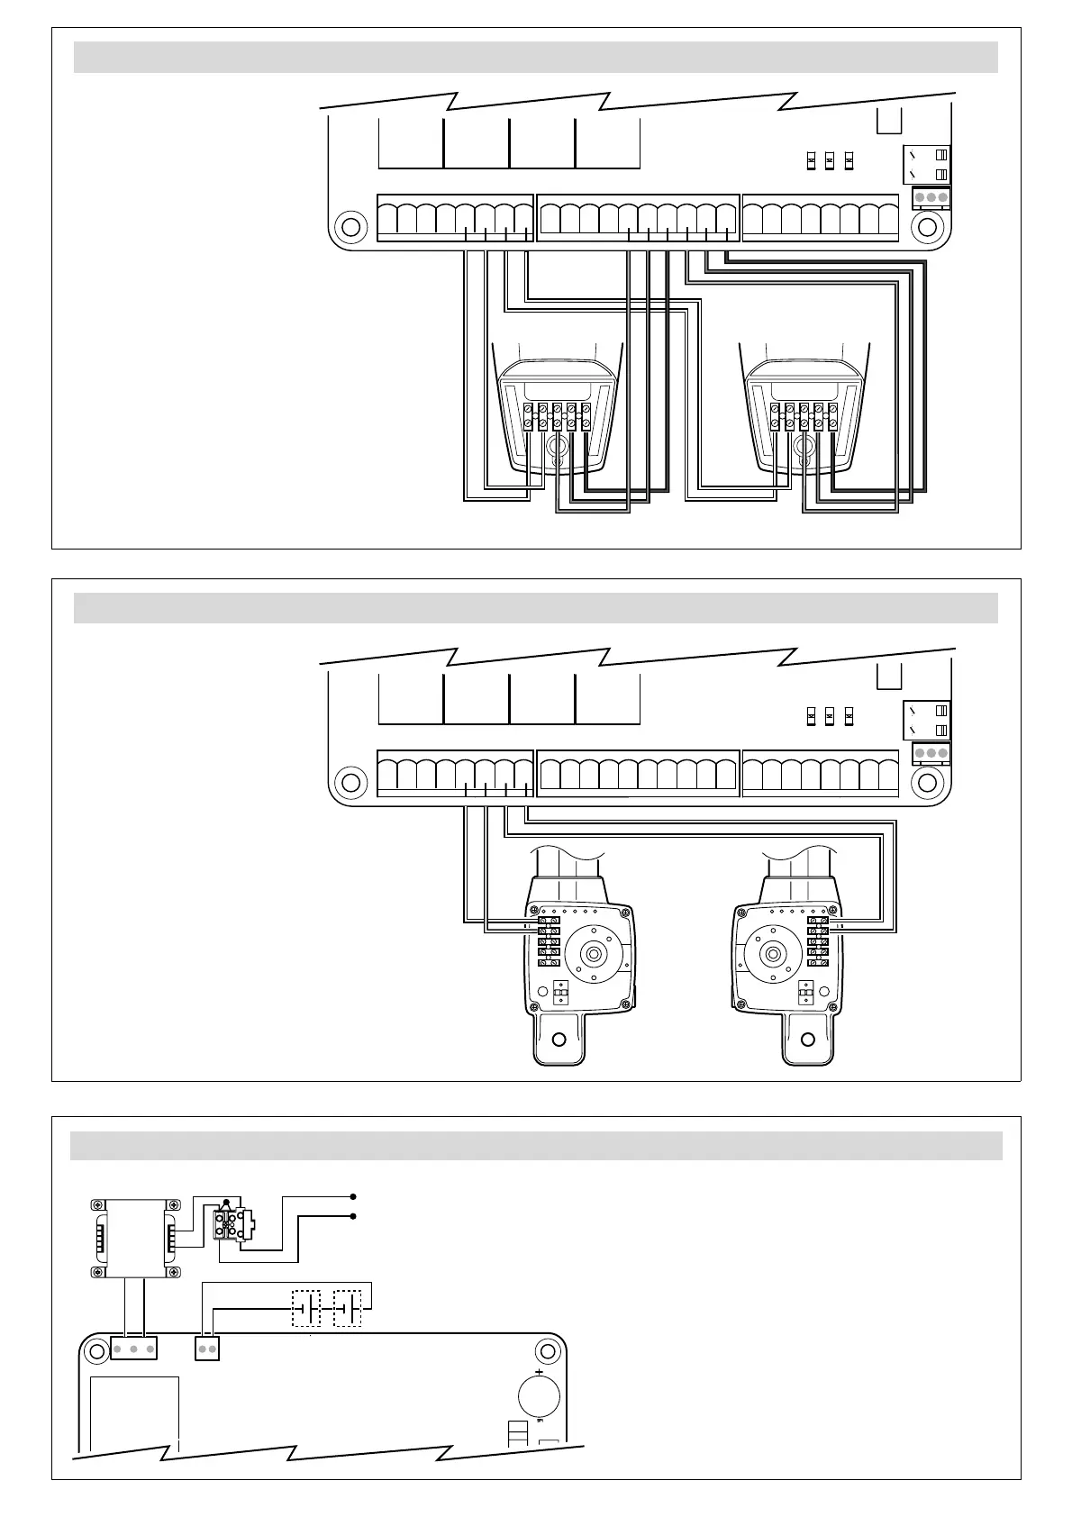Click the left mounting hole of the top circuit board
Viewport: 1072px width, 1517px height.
(349, 224)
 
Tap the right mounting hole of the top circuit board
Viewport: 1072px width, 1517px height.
(925, 224)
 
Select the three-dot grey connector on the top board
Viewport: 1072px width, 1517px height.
(931, 197)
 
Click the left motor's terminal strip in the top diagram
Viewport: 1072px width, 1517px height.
(557, 417)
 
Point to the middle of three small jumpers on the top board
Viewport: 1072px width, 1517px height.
(830, 161)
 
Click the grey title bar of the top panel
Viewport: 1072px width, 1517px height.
(535, 57)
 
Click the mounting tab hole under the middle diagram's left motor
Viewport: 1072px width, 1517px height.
(559, 1040)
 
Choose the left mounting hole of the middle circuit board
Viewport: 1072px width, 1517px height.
(349, 780)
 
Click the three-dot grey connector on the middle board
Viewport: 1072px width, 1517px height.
(931, 753)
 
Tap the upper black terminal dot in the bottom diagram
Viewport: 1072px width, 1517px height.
(353, 1197)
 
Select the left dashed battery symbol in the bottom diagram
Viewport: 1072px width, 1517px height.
(306, 1308)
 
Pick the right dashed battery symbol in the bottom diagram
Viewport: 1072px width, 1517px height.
(348, 1308)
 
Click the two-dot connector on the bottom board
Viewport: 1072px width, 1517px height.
(207, 1349)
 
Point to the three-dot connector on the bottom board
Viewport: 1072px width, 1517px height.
(133, 1349)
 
